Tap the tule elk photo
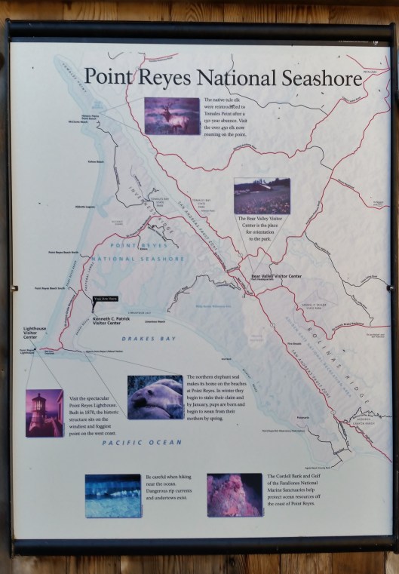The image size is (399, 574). click(172, 115)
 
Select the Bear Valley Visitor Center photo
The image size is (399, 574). click(262, 196)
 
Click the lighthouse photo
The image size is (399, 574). click(45, 413)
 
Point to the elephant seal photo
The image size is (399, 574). click(155, 397)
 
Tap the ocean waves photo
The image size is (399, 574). click(113, 495)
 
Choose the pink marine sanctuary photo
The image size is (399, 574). click(235, 495)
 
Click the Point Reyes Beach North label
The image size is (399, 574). click(63, 251)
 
